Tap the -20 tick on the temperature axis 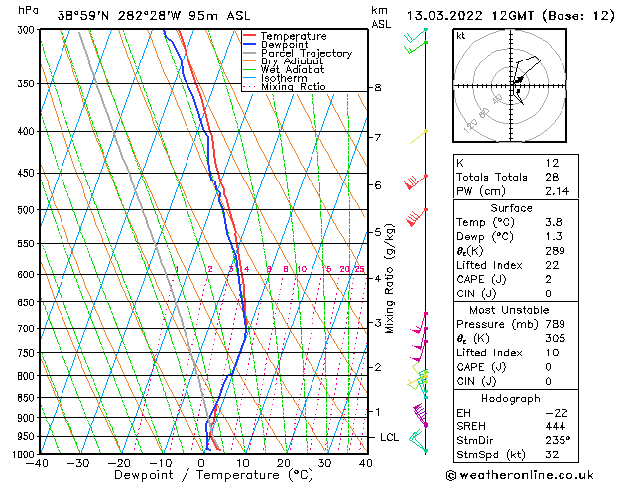[x=119, y=462]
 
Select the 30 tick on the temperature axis [x=324, y=462]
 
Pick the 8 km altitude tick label [x=377, y=88]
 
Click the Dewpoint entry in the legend [x=285, y=45]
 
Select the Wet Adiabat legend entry [x=293, y=70]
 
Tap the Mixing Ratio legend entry [x=294, y=87]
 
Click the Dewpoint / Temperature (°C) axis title [x=202, y=475]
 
